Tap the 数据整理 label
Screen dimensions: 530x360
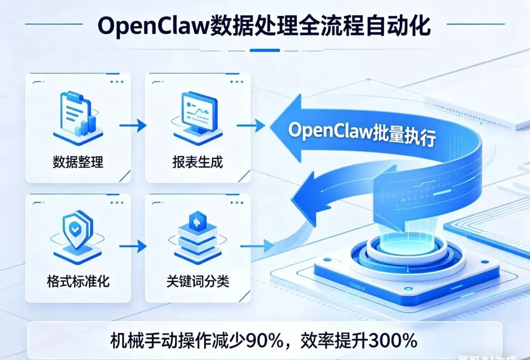point(78,162)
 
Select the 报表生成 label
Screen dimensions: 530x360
point(198,162)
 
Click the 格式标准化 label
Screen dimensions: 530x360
point(78,281)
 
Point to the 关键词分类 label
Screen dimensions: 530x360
point(198,281)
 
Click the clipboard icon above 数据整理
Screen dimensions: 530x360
point(77,115)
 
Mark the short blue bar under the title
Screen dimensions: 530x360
point(265,50)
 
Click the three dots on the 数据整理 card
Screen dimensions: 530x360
point(116,82)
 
